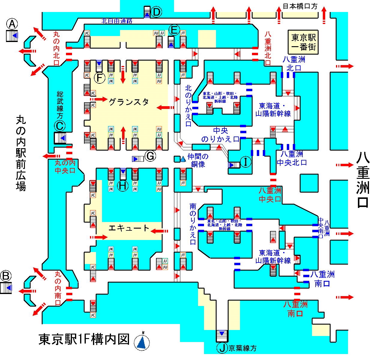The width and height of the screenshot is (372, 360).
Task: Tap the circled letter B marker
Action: click(x=7, y=275)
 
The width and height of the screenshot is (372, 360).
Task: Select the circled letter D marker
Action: click(x=157, y=12)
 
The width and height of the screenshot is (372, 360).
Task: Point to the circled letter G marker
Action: click(x=150, y=156)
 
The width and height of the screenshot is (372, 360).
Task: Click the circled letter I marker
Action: click(x=246, y=162)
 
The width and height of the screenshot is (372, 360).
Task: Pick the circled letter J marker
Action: click(x=222, y=348)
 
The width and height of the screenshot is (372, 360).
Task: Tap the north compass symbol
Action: click(x=143, y=341)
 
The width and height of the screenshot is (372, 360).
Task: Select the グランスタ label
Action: click(x=129, y=102)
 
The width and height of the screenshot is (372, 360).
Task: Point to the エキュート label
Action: click(x=129, y=228)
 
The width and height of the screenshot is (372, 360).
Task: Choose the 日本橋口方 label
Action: click(x=300, y=6)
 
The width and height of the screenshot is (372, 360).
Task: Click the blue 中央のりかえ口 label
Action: click(x=220, y=135)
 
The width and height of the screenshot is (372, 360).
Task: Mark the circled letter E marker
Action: click(x=174, y=30)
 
